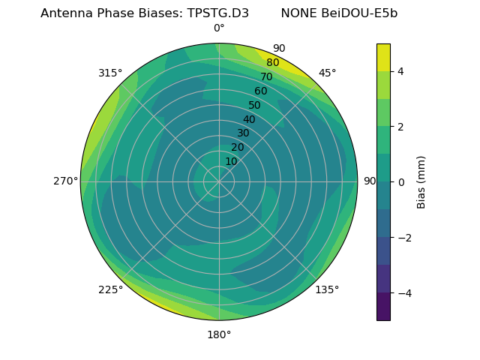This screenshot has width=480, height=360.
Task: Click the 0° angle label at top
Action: coord(219,28)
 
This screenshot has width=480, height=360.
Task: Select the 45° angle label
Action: coord(327,73)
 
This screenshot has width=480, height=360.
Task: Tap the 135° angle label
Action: coord(327,289)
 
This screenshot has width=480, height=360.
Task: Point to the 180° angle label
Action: coord(219,334)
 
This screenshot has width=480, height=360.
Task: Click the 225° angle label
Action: coord(110,290)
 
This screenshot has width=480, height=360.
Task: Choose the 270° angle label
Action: coord(65,181)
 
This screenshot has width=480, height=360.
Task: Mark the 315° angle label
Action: coord(110,73)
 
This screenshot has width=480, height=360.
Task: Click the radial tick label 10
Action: coord(231,161)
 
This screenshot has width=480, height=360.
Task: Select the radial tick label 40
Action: coord(249,119)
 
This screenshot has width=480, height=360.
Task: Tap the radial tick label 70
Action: coord(266,77)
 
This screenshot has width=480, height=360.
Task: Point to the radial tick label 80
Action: coord(272,63)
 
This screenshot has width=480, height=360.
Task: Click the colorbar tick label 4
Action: coord(400,71)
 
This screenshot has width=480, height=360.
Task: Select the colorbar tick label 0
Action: coord(400,182)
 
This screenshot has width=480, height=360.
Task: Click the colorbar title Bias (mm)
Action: coord(421,181)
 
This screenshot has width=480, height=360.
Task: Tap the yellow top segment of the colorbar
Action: coord(383,57)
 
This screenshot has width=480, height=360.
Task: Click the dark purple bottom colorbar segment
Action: coord(383,307)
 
